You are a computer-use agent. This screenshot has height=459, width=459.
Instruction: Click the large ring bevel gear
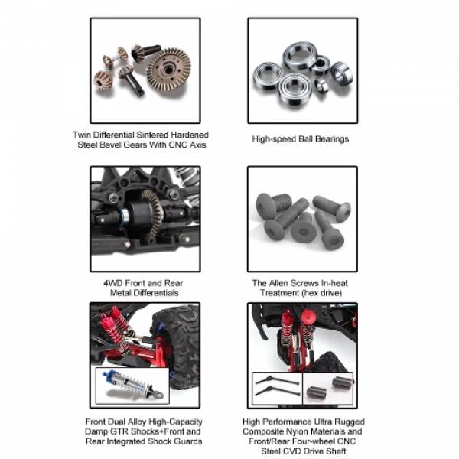coord(168,70)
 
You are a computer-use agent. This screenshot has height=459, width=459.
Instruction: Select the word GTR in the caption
coord(119,431)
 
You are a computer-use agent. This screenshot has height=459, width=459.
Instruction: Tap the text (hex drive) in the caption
coord(324,293)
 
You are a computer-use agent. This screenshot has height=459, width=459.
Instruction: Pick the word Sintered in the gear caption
coord(152,135)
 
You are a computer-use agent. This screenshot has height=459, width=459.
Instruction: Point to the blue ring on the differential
coord(125,216)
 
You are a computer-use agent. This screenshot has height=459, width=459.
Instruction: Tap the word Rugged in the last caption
coord(350,422)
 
